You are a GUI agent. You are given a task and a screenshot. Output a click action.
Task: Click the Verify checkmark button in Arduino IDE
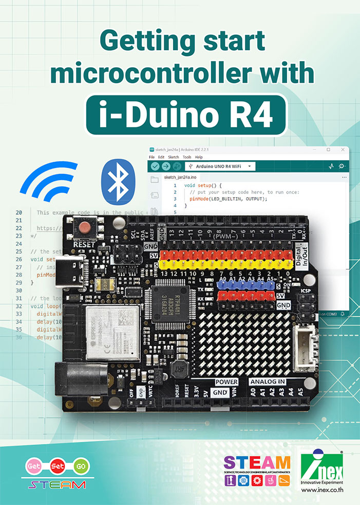155,166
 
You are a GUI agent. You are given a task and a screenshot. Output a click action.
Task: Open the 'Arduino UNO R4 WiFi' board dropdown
220,166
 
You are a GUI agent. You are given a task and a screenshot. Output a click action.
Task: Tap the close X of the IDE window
342,149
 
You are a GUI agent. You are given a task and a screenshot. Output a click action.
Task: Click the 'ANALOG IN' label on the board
267,382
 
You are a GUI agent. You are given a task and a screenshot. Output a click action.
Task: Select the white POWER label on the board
226,382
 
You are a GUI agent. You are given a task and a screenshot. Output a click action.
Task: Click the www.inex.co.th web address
323,490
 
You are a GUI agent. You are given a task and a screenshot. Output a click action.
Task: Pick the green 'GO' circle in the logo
80,467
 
